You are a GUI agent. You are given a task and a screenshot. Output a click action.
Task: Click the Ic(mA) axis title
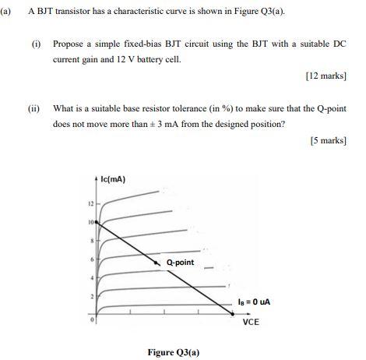pyautogui.click(x=114, y=179)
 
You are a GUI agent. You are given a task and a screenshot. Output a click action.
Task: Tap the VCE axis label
pyautogui.click(x=251, y=321)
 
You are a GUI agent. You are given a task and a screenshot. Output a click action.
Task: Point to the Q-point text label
pyautogui.click(x=180, y=263)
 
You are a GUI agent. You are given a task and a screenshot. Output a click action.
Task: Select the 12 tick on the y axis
pyautogui.click(x=90, y=203)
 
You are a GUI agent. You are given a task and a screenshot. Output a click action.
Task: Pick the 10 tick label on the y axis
pyautogui.click(x=90, y=221)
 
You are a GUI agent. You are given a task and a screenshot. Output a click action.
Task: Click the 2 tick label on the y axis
pyautogui.click(x=90, y=297)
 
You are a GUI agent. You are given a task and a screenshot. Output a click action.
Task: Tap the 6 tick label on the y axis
pyautogui.click(x=90, y=259)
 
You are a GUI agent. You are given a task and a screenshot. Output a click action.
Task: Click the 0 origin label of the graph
pyautogui.click(x=90, y=318)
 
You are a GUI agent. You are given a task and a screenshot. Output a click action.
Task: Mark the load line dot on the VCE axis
pyautogui.click(x=232, y=313)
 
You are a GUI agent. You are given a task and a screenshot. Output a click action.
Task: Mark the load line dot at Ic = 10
pyautogui.click(x=97, y=221)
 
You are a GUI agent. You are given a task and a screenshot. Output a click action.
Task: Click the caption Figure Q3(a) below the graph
pyautogui.click(x=174, y=351)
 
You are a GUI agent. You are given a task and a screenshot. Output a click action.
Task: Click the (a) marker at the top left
pyautogui.click(x=7, y=12)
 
